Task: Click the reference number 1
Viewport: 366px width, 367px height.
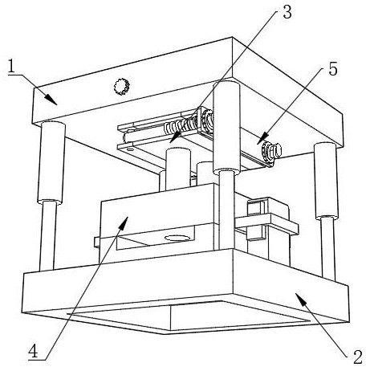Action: (x=11, y=67)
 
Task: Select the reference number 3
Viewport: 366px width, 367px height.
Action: (x=287, y=12)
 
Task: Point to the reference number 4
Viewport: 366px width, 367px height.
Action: (x=34, y=351)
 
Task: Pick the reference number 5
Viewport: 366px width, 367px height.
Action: (x=333, y=69)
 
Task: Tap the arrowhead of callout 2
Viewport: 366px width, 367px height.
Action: (x=301, y=300)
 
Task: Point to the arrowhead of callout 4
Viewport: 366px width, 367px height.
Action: (x=123, y=222)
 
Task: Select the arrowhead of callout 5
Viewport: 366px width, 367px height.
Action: (x=262, y=137)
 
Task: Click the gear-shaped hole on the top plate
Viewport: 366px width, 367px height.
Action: (x=122, y=86)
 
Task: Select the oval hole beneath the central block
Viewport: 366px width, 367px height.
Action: (x=177, y=238)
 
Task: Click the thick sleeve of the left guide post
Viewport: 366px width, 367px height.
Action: (x=51, y=163)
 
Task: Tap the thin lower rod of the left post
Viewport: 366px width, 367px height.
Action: (x=48, y=236)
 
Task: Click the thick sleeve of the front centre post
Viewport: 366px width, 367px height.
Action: (x=226, y=127)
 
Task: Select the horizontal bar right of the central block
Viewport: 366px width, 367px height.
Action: (x=266, y=224)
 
